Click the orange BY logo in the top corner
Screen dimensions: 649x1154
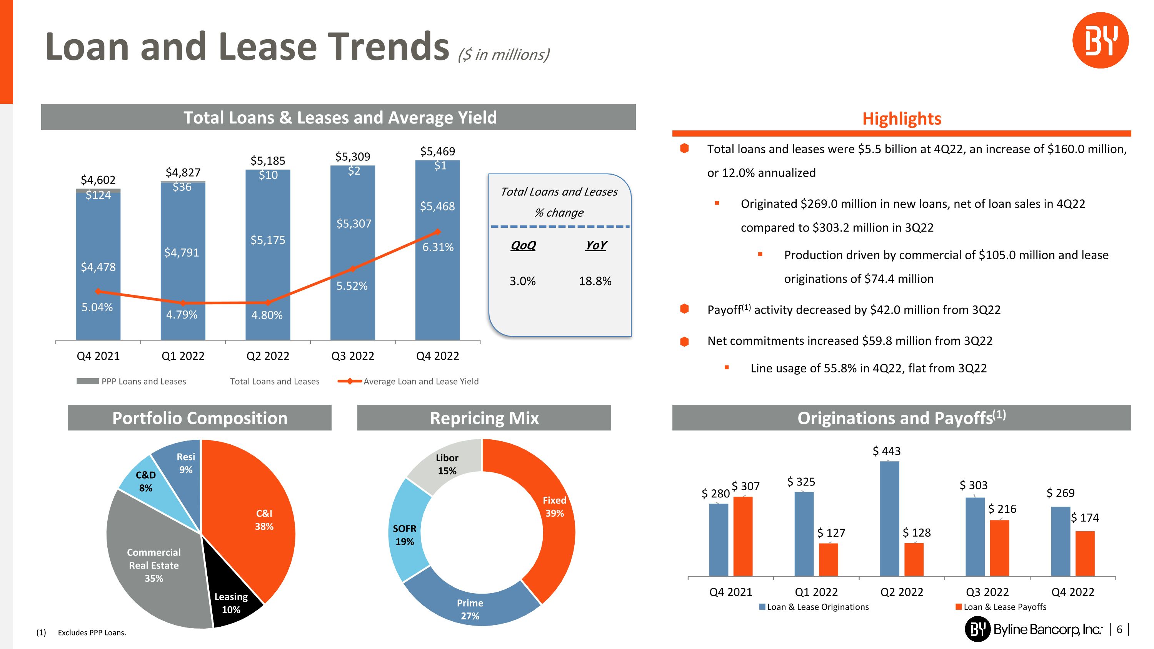click(1100, 40)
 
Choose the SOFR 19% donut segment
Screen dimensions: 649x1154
click(405, 533)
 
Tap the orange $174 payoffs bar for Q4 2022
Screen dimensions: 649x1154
click(1084, 553)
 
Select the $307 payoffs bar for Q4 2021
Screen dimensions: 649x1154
click(743, 535)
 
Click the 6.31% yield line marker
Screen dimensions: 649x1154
click(438, 232)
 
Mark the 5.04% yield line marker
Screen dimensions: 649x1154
click(98, 292)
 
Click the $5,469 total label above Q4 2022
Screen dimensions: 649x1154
click(437, 152)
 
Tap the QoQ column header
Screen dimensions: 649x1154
click(523, 245)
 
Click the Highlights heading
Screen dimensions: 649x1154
click(901, 119)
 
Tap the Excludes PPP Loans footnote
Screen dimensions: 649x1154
click(92, 632)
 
